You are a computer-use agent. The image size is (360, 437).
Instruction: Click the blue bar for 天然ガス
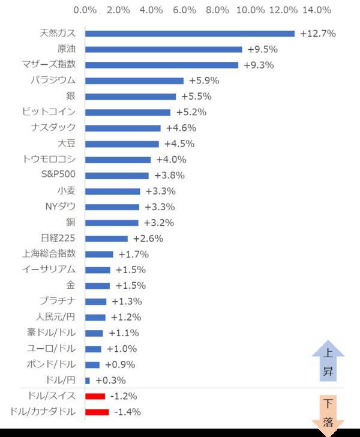coord(190,34)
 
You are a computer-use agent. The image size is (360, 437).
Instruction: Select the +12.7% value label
coord(317,34)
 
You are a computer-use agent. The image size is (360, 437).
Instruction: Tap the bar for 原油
coord(163,49)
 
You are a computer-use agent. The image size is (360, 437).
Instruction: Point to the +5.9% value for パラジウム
coord(204,80)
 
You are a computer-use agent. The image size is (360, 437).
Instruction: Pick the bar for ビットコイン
coord(127,112)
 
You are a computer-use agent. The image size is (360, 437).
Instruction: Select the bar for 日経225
coord(106,238)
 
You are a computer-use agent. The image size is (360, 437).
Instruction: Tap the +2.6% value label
coord(148,238)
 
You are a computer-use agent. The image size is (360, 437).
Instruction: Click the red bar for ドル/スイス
coord(95,396)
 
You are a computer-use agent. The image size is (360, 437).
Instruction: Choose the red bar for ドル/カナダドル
coord(97,412)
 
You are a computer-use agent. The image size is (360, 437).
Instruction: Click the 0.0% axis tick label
coord(85,10)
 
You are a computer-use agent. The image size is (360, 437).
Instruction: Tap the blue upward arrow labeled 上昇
coord(328,364)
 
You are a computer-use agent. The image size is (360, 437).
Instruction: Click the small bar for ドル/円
coord(88,381)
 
